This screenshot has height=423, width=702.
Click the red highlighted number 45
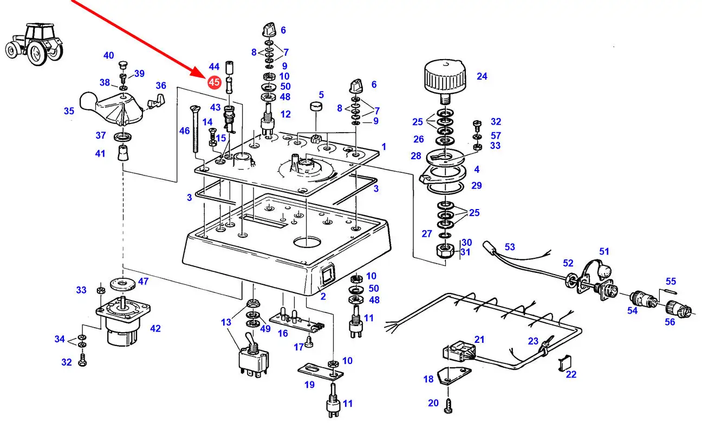click(x=214, y=82)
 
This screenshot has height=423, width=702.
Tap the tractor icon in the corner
click(x=34, y=43)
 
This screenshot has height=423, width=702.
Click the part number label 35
click(x=69, y=111)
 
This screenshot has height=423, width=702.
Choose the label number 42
click(x=155, y=328)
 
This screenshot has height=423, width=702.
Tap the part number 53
click(x=510, y=247)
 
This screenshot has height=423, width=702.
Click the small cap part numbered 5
click(x=316, y=106)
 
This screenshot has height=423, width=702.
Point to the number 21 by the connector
click(x=479, y=339)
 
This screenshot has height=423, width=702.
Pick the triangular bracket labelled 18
click(x=454, y=375)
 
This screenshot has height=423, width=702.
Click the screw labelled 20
click(x=448, y=404)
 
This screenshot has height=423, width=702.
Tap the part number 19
click(x=309, y=385)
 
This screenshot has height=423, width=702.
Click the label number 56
click(x=670, y=322)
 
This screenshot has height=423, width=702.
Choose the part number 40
click(x=109, y=55)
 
